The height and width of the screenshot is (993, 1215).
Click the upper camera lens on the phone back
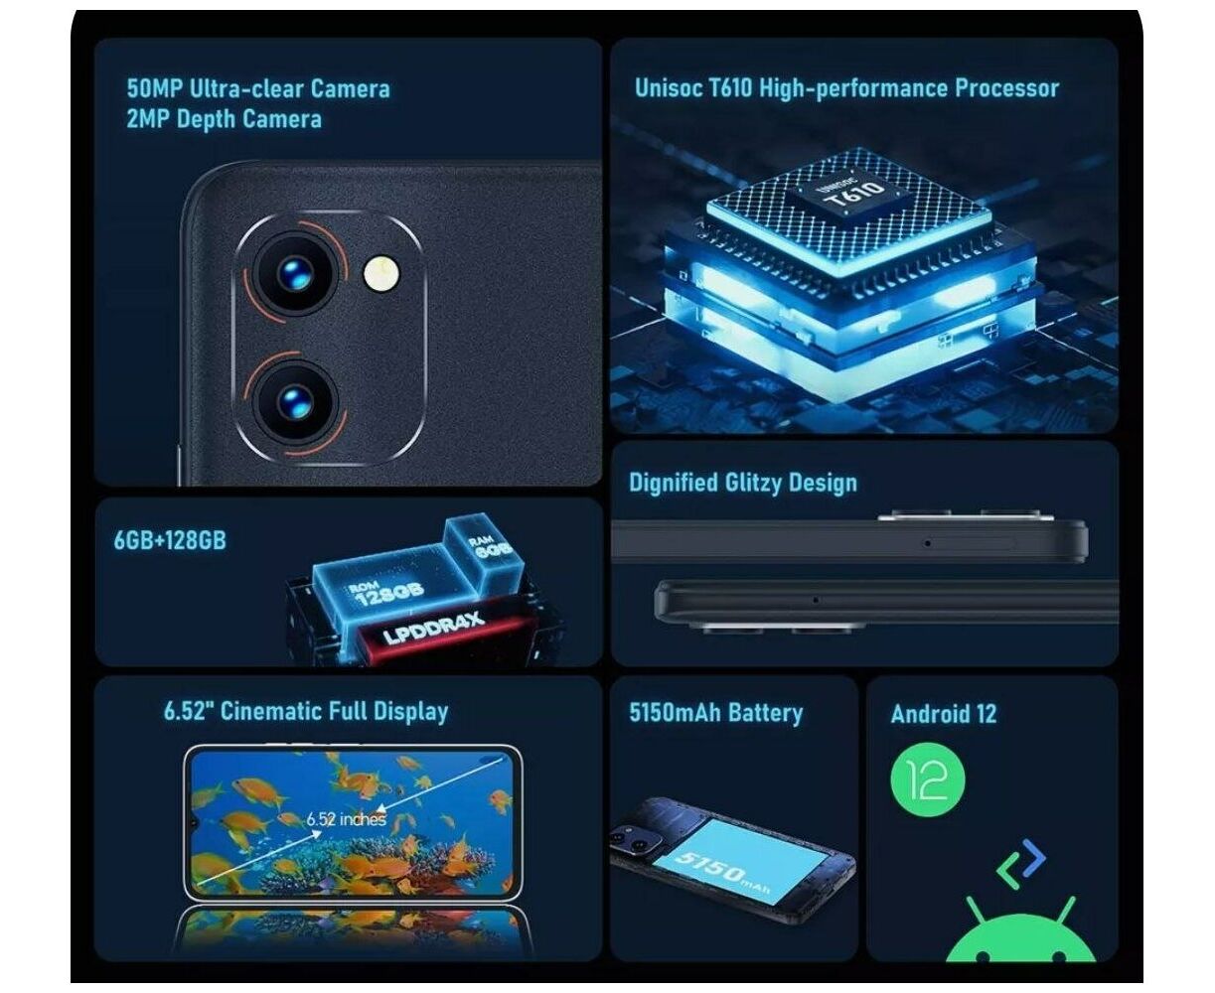point(294,273)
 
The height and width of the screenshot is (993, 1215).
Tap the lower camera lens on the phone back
point(295,402)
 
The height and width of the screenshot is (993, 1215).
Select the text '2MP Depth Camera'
point(224,119)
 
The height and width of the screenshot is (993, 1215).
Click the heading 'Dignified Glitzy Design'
point(742,483)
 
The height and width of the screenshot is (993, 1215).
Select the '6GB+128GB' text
point(170,540)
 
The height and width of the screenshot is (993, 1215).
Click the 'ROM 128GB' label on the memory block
point(387,592)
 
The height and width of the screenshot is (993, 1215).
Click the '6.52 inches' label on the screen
point(346,819)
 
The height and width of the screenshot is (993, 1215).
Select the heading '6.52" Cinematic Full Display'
point(306,711)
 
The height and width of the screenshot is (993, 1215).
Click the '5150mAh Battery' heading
point(715,713)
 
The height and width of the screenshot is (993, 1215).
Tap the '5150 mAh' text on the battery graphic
point(722,870)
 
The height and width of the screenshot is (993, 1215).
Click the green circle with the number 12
point(928,780)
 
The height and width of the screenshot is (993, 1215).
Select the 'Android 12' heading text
point(943,714)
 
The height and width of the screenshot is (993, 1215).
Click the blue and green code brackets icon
point(1020,864)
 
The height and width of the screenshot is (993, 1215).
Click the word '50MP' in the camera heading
point(154,88)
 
